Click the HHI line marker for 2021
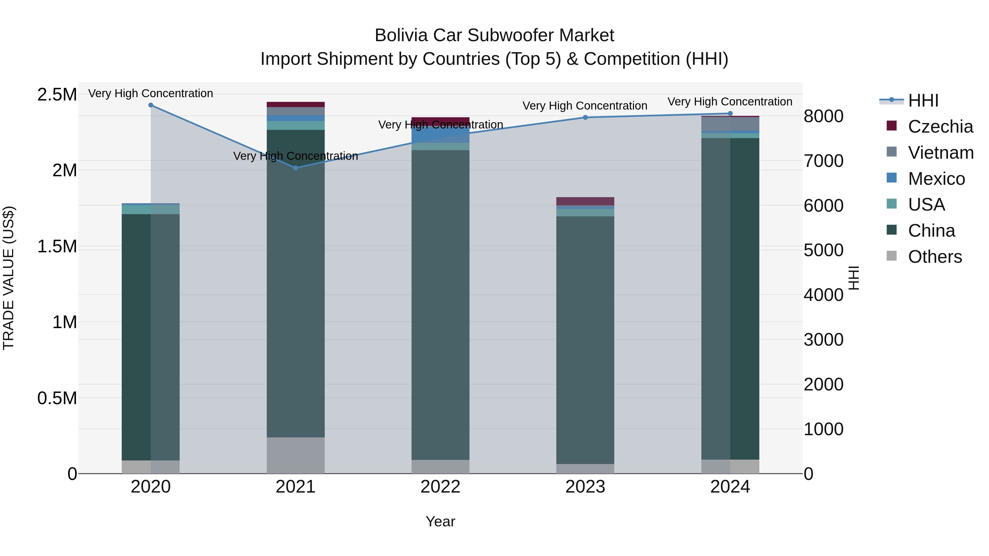(296, 168)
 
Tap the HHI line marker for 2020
(151, 105)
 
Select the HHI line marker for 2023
(585, 118)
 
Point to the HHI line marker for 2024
(730, 114)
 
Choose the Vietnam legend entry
(941, 153)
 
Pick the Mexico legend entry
(937, 179)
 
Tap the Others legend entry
(935, 257)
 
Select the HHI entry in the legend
(923, 100)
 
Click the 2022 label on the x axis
(440, 487)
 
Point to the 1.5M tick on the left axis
(57, 246)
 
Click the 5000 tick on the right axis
(824, 250)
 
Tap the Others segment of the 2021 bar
(296, 456)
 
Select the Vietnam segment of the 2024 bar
(730, 124)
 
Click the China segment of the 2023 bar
(585, 340)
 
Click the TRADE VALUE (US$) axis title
(9, 278)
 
